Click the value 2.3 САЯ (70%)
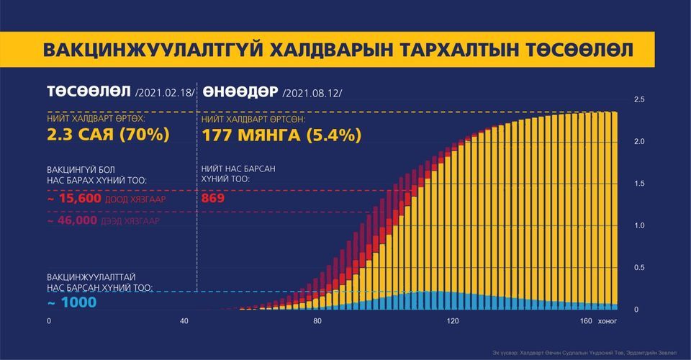tap(108, 135)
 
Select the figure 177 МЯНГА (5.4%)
tap(281, 135)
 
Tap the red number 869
tap(214, 198)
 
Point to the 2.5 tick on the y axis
tap(638, 99)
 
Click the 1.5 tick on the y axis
tap(638, 184)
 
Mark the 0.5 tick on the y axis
tap(638, 268)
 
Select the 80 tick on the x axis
tap(317, 320)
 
